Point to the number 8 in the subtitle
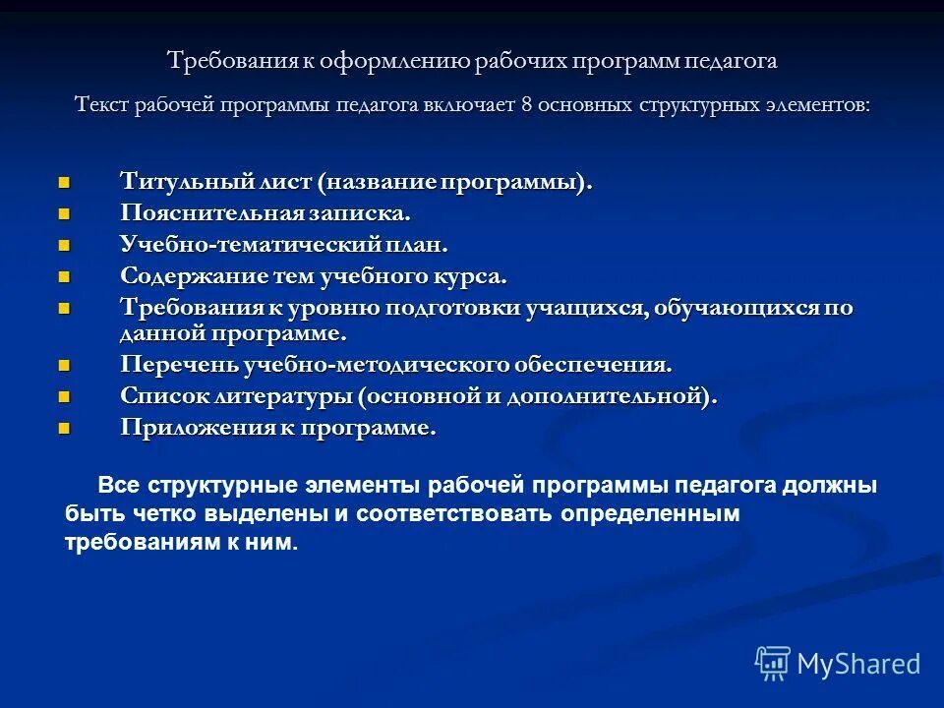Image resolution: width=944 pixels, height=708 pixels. pyautogui.click(x=526, y=104)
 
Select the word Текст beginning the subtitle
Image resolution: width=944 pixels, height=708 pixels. pyautogui.click(x=103, y=104)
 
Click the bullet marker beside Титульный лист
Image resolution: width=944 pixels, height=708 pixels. pyautogui.click(x=65, y=183)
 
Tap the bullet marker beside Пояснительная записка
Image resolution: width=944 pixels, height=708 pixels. pyautogui.click(x=65, y=213)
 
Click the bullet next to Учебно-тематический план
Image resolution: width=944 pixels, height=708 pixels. pyautogui.click(x=65, y=244)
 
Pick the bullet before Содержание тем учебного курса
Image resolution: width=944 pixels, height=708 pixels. pyautogui.click(x=65, y=275)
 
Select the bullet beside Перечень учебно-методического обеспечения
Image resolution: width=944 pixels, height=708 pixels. pyautogui.click(x=65, y=366)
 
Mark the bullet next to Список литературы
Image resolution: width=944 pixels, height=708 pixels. pyautogui.click(x=65, y=396)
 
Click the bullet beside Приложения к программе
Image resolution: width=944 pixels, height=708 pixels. pyautogui.click(x=65, y=428)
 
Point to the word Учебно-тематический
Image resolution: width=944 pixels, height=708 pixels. pyautogui.click(x=250, y=244)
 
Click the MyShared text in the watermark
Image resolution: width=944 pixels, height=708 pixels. pyautogui.click(x=858, y=664)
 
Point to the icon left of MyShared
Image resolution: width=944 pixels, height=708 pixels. pyautogui.click(x=772, y=663)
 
